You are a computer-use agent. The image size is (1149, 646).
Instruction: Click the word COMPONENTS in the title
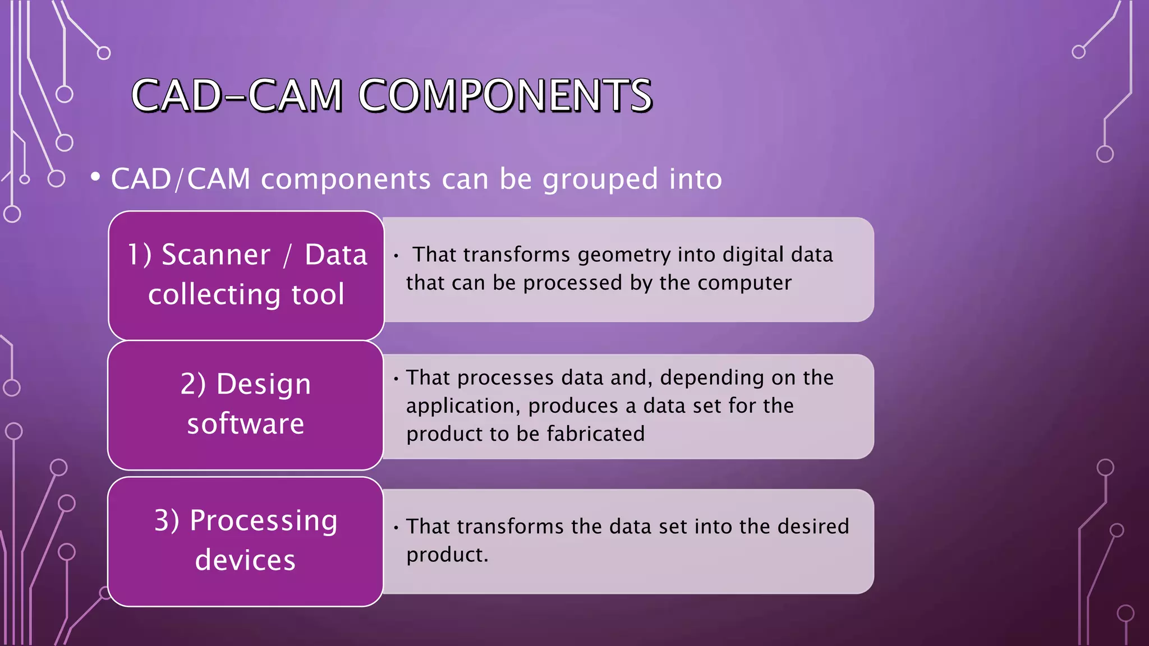[505, 95]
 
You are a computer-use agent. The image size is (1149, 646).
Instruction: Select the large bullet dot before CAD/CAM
[95, 177]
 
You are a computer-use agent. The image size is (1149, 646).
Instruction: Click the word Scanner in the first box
[216, 255]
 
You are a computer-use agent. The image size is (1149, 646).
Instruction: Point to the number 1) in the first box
[139, 255]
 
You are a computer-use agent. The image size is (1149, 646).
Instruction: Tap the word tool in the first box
[318, 295]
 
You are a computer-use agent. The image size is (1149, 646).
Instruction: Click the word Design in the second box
[264, 385]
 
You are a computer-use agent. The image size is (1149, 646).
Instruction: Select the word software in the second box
[246, 424]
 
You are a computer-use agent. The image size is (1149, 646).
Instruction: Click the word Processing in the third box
[264, 522]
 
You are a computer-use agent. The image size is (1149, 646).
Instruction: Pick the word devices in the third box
[245, 560]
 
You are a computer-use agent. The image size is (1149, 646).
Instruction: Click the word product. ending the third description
[447, 555]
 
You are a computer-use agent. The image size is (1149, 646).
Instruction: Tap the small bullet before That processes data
[396, 379]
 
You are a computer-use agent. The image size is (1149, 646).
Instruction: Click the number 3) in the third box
[167, 520]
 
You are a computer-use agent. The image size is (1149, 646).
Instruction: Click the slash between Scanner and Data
[287, 256]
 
